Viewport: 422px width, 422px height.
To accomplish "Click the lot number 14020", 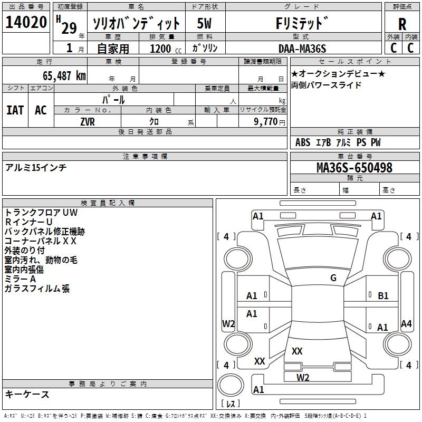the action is point(26,22).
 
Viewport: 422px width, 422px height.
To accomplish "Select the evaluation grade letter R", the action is point(402,24).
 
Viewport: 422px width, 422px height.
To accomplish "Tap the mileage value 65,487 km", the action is point(64,76).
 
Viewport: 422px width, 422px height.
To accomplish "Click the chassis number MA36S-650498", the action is point(354,168).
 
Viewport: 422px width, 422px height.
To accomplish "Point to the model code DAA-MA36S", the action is point(302,49).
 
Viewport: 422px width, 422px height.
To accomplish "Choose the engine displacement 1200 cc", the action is point(166,49).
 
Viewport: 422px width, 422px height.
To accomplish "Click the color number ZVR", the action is point(88,122).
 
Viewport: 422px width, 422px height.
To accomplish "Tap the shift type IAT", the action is point(15,110).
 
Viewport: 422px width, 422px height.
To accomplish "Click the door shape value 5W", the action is point(204,23).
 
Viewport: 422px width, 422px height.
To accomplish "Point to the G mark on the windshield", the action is point(333,278).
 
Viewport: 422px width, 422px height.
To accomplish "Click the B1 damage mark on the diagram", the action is point(383,296).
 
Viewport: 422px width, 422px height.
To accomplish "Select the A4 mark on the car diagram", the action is point(406,324).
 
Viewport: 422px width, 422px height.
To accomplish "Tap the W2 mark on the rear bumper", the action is point(303,378).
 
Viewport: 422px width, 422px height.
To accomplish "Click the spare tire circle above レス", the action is point(231,385).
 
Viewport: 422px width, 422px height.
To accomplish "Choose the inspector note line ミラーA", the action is point(20,279).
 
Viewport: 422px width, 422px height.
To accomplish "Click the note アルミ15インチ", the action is point(36,168).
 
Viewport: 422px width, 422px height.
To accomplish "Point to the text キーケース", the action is point(27,394).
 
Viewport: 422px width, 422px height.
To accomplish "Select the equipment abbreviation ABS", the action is point(303,142).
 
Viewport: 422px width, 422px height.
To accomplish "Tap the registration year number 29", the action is point(69,28).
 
